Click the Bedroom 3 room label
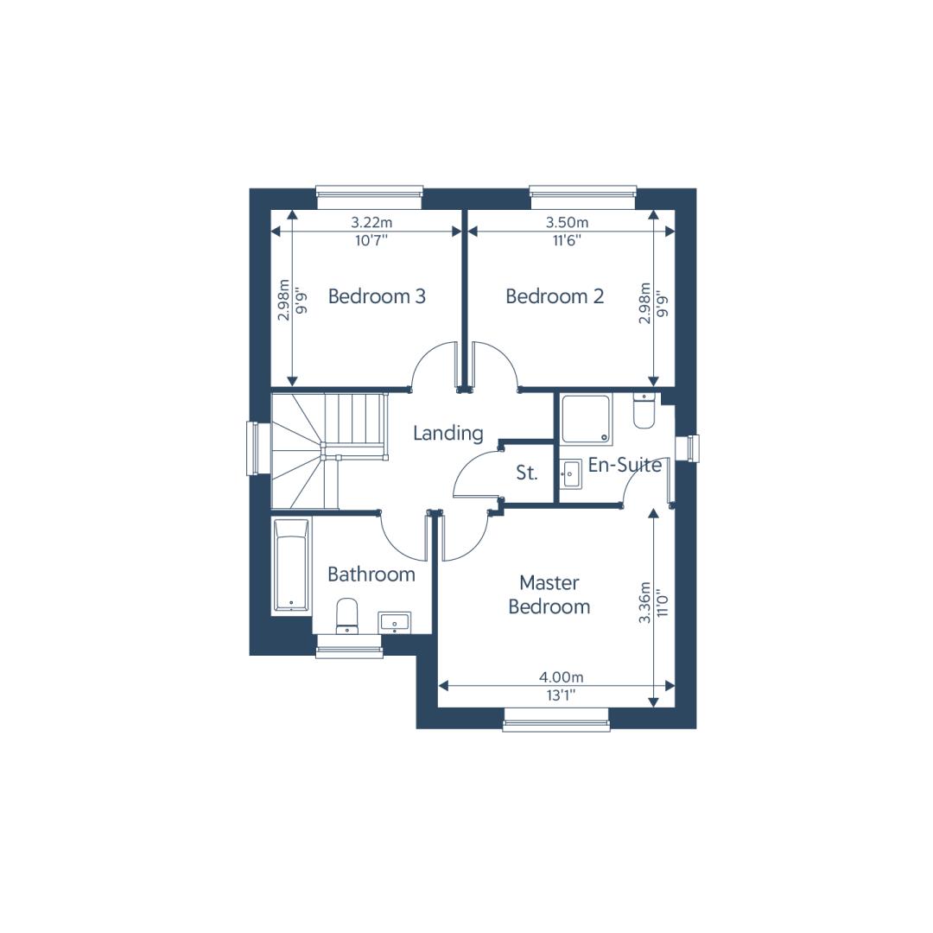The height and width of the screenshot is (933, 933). point(377,296)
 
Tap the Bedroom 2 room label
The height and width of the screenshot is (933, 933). point(555,296)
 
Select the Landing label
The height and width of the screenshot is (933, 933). point(448,434)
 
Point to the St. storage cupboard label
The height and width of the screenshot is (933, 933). point(527,473)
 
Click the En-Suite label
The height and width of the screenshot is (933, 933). point(625,465)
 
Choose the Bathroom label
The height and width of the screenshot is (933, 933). point(371,574)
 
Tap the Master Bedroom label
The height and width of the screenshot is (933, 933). point(549,594)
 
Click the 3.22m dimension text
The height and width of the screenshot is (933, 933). point(371,223)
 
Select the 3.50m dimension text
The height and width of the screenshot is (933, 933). point(567,223)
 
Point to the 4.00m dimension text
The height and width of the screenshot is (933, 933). point(562,677)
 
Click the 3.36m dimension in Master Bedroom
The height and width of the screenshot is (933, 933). point(644,602)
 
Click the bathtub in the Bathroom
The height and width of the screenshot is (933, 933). point(292,565)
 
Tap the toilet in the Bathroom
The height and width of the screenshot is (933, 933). point(347,617)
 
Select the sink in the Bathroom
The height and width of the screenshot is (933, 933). point(394,622)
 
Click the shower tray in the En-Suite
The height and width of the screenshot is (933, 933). point(587,420)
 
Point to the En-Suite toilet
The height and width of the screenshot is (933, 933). point(644,410)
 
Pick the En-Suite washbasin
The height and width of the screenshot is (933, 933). point(571,473)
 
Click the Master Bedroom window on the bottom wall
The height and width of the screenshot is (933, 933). point(556,719)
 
